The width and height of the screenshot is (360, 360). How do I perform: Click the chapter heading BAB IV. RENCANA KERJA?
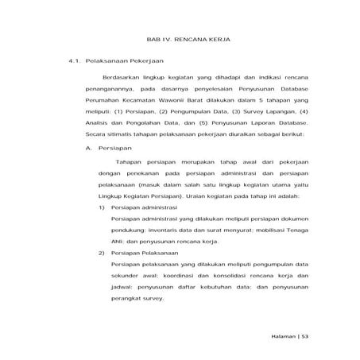point(179,38)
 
